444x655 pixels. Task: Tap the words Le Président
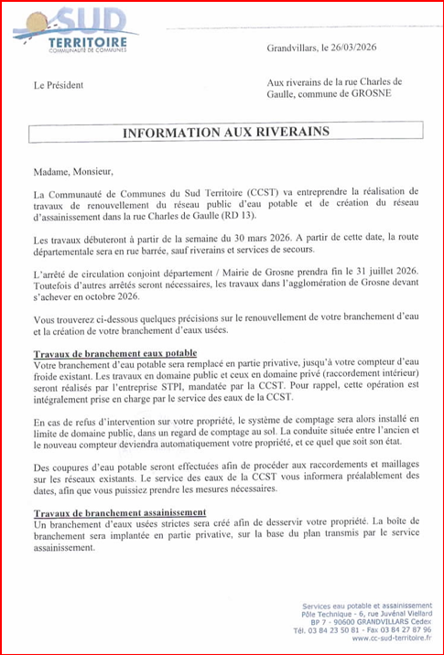pyautogui.click(x=58, y=85)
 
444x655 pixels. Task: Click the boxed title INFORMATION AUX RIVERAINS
pyautogui.click(x=226, y=133)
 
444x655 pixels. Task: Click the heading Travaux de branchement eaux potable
pyautogui.click(x=114, y=352)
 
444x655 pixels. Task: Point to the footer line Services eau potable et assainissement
pyautogui.click(x=366, y=606)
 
